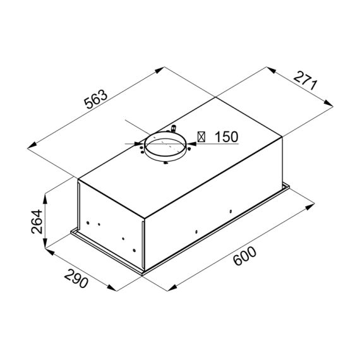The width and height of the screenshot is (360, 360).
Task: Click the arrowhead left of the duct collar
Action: (138, 143)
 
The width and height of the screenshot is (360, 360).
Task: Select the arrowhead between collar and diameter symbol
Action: (191, 143)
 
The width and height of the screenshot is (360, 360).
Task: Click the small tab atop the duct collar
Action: (174, 129)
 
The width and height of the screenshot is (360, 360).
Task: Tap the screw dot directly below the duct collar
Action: (165, 164)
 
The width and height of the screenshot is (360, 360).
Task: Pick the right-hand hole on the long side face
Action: (231, 211)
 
